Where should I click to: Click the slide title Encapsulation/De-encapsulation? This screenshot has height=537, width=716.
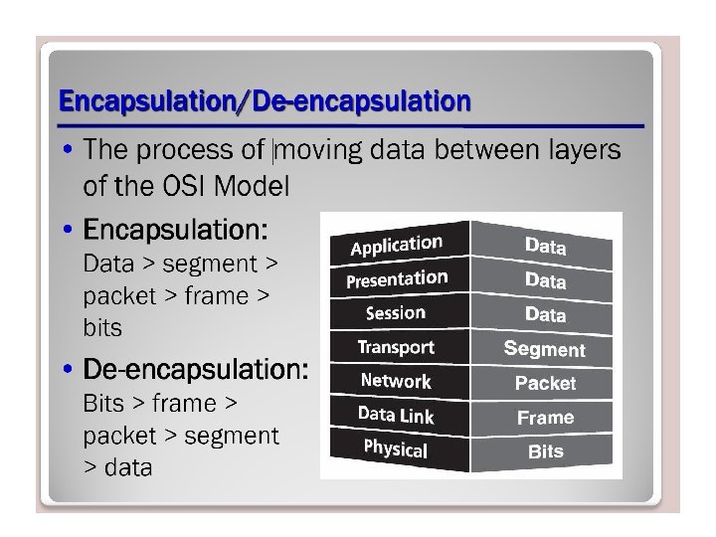click(265, 100)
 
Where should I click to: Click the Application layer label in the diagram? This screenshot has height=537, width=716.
click(396, 244)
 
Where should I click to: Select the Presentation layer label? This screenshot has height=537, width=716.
click(397, 279)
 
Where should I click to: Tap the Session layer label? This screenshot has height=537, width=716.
click(396, 313)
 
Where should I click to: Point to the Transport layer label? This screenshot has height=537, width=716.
click(396, 347)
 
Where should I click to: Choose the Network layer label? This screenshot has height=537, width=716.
click(396, 381)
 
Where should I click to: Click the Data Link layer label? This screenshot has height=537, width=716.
click(396, 415)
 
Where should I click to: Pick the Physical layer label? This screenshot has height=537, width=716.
click(395, 448)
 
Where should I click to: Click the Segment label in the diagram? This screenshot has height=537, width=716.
click(544, 349)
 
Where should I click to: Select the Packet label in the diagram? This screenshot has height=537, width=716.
click(545, 383)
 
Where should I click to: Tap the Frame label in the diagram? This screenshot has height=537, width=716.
click(545, 418)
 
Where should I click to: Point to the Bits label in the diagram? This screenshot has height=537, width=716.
click(545, 451)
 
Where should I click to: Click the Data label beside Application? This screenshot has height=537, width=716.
click(545, 246)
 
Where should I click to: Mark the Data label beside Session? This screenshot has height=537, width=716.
click(545, 314)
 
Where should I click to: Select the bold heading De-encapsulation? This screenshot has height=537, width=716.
click(196, 371)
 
